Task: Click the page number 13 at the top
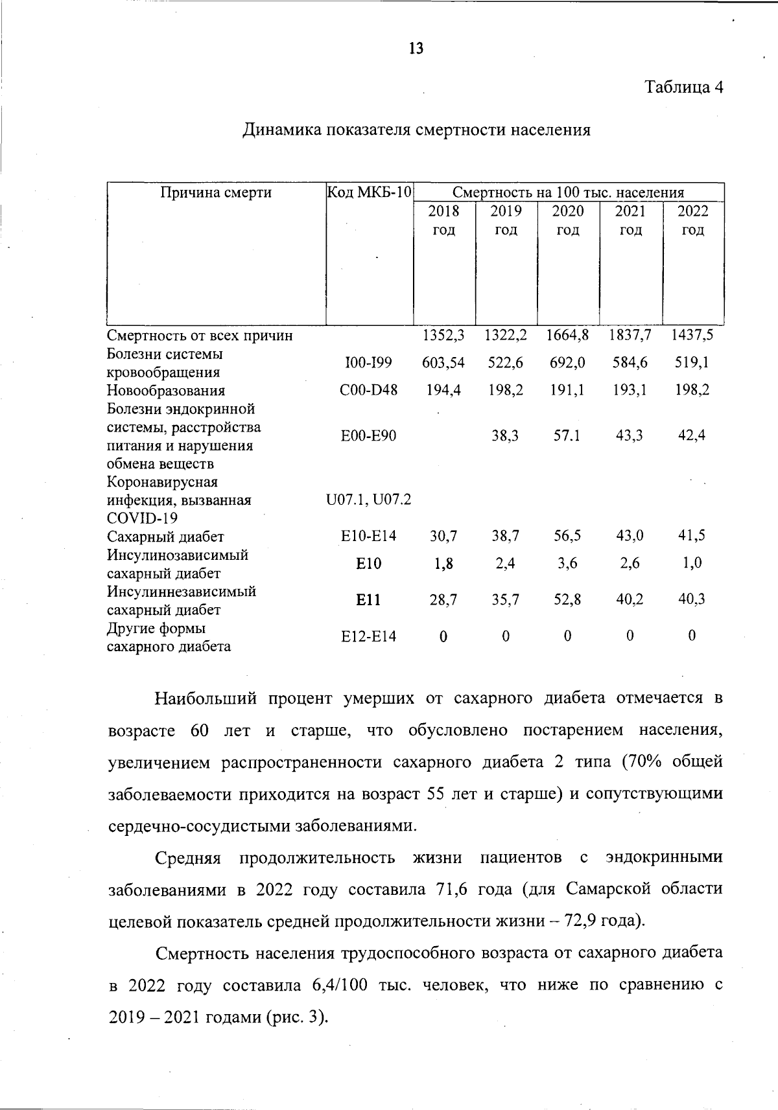click(416, 48)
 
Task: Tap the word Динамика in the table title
click(281, 130)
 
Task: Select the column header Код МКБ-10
click(370, 192)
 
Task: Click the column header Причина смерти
click(216, 192)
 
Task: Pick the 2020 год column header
click(568, 220)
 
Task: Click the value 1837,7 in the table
click(630, 335)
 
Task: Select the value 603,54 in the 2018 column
click(443, 363)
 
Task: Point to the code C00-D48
click(369, 390)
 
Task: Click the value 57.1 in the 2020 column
click(567, 435)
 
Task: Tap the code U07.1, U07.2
click(369, 500)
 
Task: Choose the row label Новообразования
click(166, 391)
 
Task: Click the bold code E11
click(369, 601)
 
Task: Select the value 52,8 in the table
click(567, 601)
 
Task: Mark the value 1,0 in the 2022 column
click(692, 564)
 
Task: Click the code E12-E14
click(369, 637)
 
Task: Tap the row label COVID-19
click(142, 518)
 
